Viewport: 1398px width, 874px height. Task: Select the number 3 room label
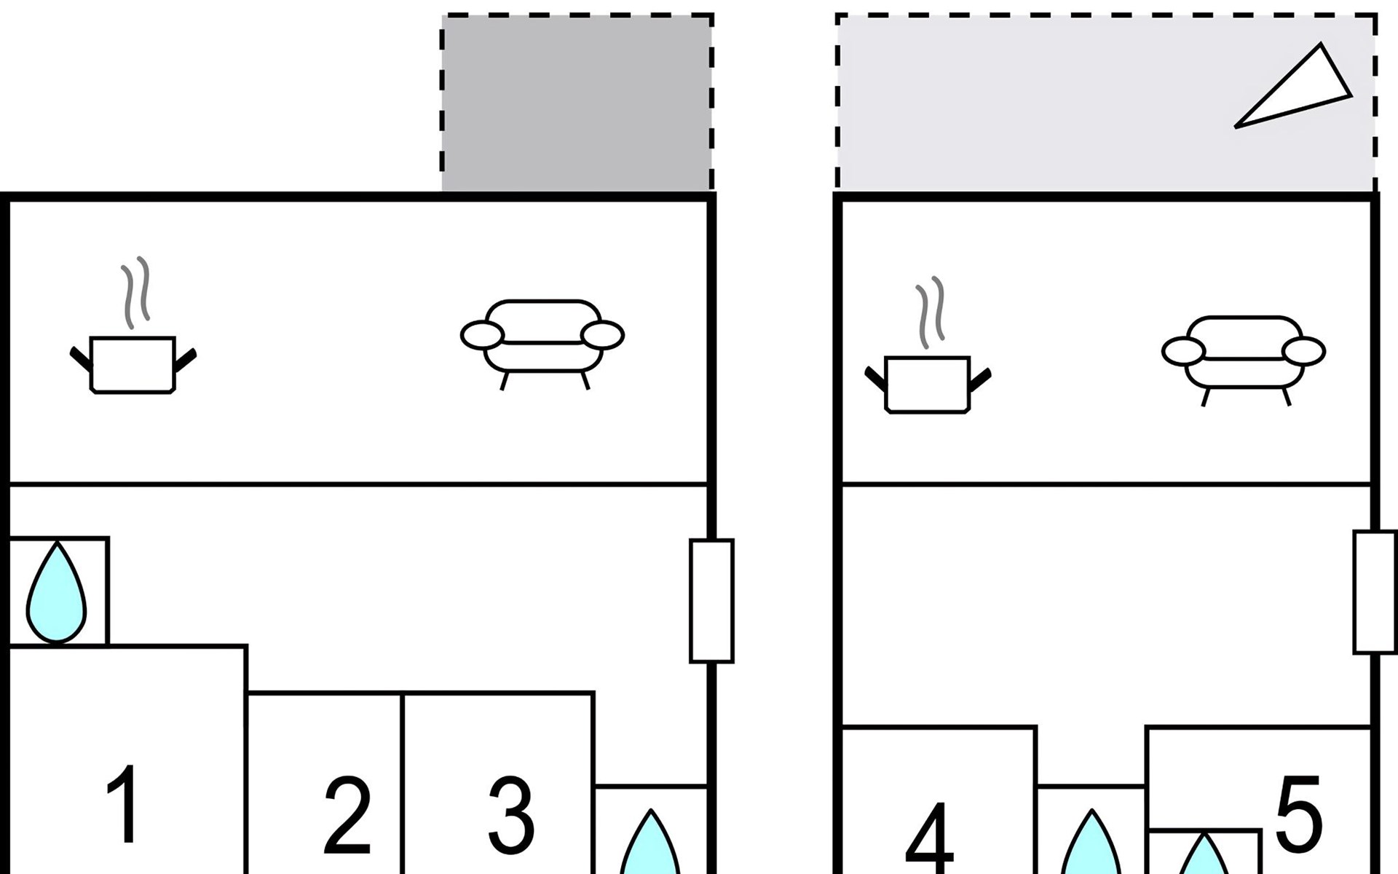[511, 816]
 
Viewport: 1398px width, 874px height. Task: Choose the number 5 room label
[1298, 814]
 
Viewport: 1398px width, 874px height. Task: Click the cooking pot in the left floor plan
[133, 364]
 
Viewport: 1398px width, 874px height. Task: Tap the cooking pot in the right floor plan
[928, 384]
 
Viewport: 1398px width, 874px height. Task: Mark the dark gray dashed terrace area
[577, 102]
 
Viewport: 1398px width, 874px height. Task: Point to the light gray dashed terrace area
[1056, 102]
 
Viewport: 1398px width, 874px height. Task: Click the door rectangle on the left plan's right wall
[711, 601]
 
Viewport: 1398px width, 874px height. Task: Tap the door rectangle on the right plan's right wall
[1375, 591]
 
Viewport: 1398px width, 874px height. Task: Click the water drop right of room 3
[650, 849]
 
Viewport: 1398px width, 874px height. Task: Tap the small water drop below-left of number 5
[1203, 858]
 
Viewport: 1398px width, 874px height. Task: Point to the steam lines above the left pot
[136, 291]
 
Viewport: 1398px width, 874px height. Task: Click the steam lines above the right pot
[931, 312]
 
